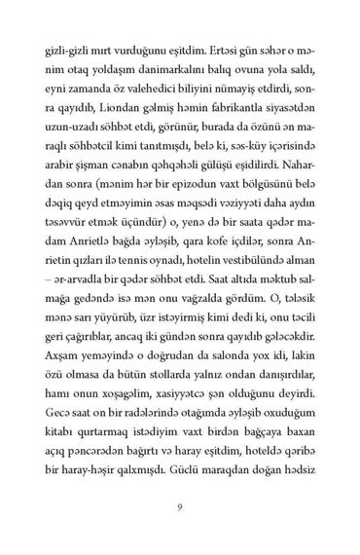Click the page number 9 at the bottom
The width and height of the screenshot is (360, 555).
click(180, 505)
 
